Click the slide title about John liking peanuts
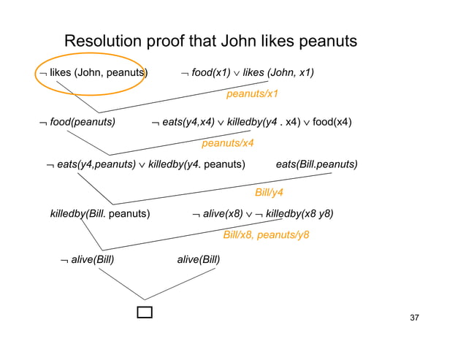tap(210, 41)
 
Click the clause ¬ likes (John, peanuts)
tap(93, 72)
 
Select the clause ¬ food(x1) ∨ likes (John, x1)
tap(248, 72)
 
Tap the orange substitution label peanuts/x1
tap(252, 94)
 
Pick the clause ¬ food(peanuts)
tap(77, 122)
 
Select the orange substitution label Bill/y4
tap(268, 192)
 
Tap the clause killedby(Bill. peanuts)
tap(100, 213)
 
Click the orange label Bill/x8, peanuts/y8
tap(265, 235)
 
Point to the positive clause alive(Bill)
tap(199, 259)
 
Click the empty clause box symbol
tap(145, 313)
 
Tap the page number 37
tap(414, 318)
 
